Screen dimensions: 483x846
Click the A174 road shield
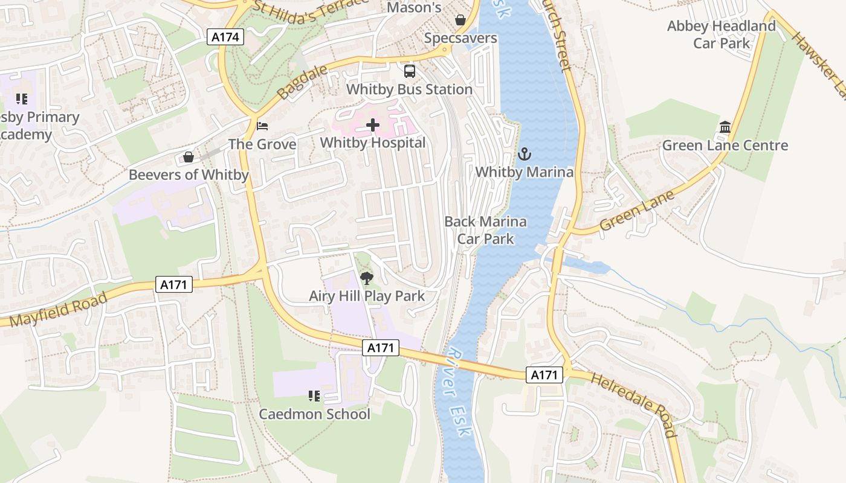pos(226,37)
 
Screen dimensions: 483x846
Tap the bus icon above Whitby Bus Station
pos(410,71)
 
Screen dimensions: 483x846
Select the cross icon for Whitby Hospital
pos(373,126)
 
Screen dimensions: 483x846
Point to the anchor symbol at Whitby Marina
pos(524,154)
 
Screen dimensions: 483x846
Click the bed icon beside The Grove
pos(262,126)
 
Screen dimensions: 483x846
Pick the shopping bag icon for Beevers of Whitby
pos(189,158)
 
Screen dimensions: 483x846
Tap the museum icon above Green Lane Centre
pos(725,127)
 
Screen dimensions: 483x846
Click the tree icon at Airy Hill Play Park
pos(366,278)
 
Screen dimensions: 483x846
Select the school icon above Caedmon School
pos(314,396)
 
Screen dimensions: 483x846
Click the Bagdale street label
pos(302,82)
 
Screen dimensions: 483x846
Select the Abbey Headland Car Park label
pos(721,34)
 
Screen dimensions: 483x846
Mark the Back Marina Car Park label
pos(485,230)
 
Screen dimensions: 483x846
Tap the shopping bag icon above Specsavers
pos(460,20)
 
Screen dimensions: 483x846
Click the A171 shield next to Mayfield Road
pos(174,284)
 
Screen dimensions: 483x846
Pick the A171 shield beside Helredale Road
pos(544,375)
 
